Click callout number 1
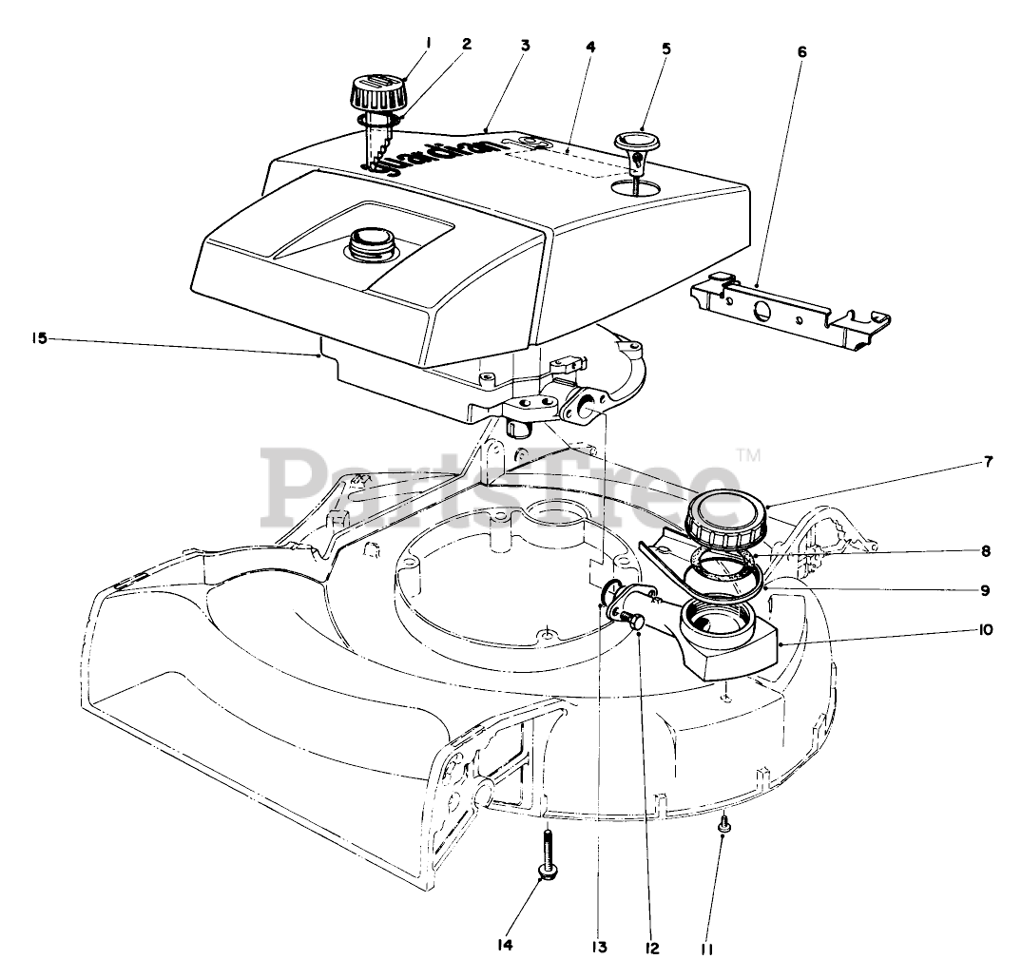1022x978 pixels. [x=429, y=42]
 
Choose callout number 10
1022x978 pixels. [x=986, y=629]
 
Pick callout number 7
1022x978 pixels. [x=988, y=462]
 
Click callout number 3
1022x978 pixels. [x=525, y=45]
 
